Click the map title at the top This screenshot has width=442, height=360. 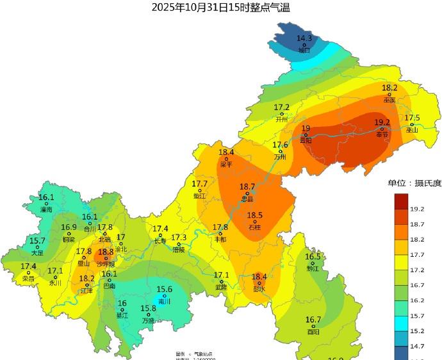(221, 8)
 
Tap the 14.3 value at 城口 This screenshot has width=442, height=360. (304, 38)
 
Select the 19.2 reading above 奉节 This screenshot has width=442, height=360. (382, 122)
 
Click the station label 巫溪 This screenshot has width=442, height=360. (389, 100)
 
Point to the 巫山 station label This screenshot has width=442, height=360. (412, 130)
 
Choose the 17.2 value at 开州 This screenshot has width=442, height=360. (282, 107)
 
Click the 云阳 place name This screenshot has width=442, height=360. (306, 140)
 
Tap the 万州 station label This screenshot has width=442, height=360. (280, 157)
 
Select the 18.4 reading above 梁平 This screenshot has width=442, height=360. (226, 152)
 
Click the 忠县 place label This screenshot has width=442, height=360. (247, 199)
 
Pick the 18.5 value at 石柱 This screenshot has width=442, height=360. (255, 216)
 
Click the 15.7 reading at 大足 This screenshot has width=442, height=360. (37, 241)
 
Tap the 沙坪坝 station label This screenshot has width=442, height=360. (106, 264)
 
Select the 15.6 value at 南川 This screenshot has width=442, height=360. (165, 290)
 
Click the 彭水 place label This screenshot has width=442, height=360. (259, 289)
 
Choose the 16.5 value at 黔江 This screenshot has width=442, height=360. (313, 257)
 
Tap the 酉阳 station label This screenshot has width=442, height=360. (313, 332)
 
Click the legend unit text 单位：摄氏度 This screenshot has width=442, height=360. (414, 183)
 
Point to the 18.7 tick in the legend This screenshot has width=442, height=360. (418, 224)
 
